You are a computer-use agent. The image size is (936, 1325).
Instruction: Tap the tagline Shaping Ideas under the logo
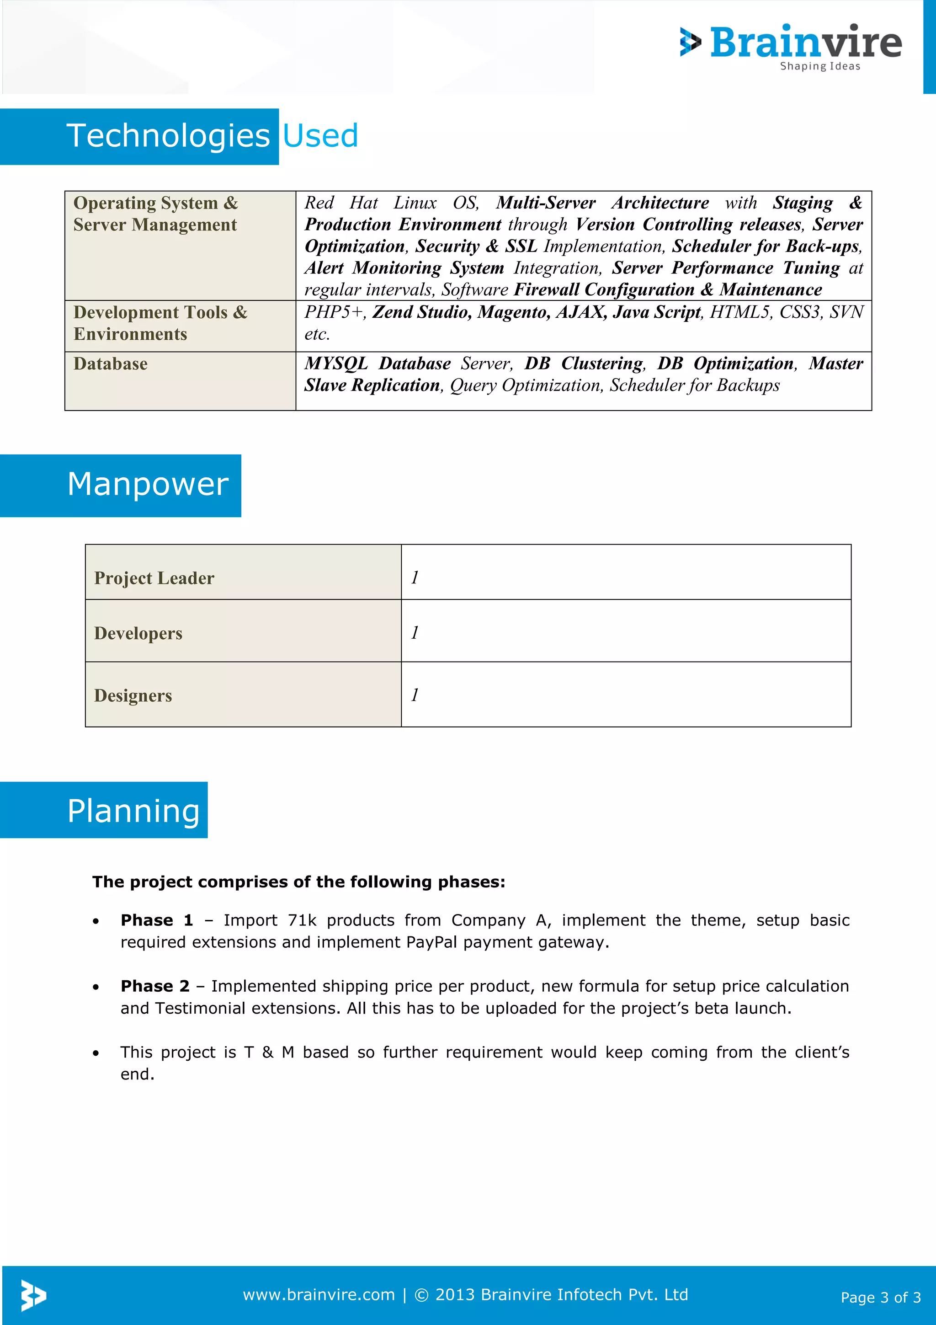point(819,66)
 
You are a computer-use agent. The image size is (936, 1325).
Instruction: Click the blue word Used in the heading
point(320,136)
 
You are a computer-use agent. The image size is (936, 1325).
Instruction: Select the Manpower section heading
point(148,484)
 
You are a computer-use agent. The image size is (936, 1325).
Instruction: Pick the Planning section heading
point(133,811)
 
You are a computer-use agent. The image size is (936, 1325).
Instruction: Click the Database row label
point(110,364)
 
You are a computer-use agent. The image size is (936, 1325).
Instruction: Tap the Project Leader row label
point(154,578)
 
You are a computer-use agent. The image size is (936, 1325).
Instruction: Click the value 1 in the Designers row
point(415,695)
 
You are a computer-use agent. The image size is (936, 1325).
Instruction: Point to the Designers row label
point(133,696)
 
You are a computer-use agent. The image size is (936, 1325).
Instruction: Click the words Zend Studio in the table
point(421,312)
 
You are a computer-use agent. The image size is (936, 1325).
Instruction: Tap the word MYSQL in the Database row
point(335,363)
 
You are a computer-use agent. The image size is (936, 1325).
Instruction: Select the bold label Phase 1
point(156,920)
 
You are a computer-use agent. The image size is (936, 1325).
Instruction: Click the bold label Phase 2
point(154,986)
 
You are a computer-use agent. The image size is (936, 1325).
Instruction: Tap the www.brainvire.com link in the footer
point(319,1295)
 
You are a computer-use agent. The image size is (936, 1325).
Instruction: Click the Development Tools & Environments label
point(160,323)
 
